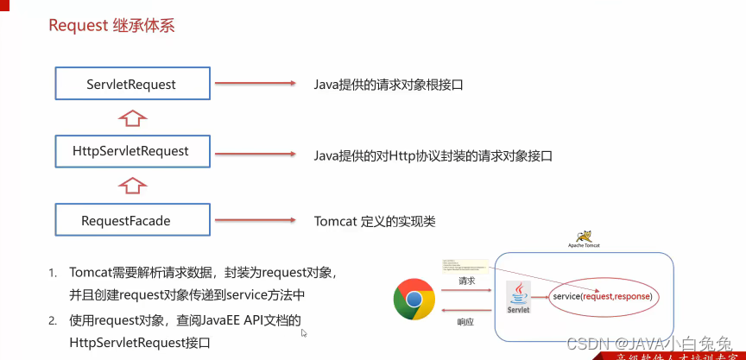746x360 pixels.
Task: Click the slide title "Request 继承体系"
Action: click(111, 25)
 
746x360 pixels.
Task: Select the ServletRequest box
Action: click(131, 84)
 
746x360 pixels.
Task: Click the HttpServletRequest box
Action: click(131, 151)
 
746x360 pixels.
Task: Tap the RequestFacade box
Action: click(131, 220)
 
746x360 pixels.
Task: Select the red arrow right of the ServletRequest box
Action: click(255, 84)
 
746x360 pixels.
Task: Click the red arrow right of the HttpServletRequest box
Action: click(255, 152)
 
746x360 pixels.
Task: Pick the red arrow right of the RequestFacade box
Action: click(255, 220)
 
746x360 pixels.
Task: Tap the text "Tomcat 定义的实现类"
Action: click(375, 221)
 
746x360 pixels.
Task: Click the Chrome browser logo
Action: click(414, 300)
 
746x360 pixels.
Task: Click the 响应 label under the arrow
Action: click(465, 321)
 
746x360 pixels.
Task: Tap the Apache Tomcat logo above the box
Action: click(584, 237)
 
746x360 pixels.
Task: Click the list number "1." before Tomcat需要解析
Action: click(53, 273)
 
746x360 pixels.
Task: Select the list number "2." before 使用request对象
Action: click(53, 320)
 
